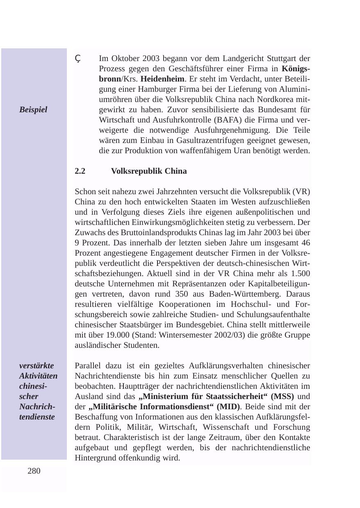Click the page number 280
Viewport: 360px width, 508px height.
pyautogui.click(x=34, y=471)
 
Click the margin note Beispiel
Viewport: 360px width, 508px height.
pyautogui.click(x=33, y=110)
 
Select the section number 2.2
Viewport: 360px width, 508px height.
pyautogui.click(x=80, y=171)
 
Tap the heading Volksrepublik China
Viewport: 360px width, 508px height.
pyautogui.click(x=149, y=171)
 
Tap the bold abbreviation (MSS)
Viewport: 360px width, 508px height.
pyautogui.click(x=283, y=397)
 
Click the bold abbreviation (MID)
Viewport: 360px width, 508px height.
pyautogui.click(x=223, y=407)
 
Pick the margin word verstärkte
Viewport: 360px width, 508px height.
pyautogui.click(x=36, y=365)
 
